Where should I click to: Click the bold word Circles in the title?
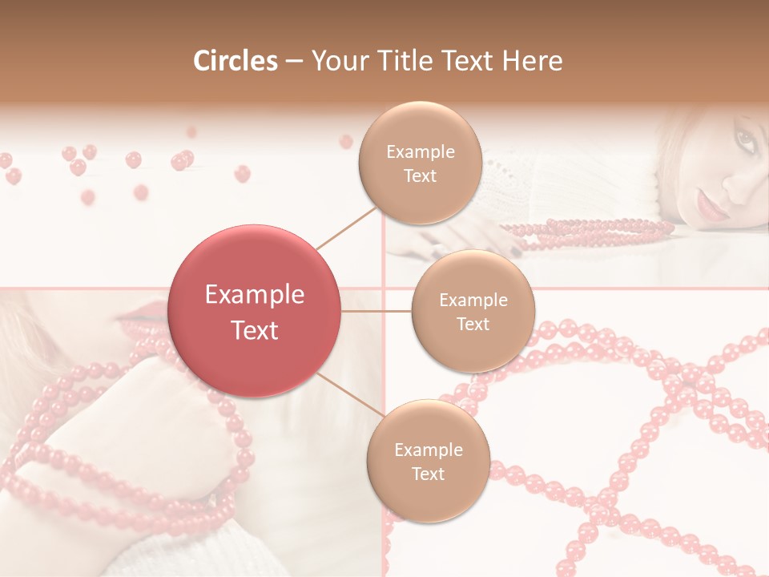coord(236,61)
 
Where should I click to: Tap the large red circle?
coord(255,311)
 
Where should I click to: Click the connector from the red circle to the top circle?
coord(346,228)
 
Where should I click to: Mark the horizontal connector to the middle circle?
coord(376,311)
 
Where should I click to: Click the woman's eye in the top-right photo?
coord(745,143)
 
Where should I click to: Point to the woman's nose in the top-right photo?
coord(736,187)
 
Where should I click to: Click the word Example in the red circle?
coord(255,295)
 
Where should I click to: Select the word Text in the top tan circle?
coord(420,176)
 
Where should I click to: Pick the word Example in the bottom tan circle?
coord(428,450)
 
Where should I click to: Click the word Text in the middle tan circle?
coord(473,325)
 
